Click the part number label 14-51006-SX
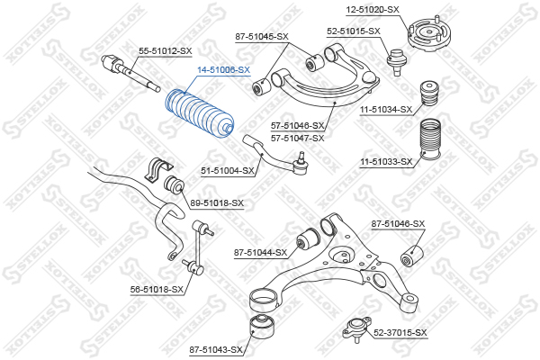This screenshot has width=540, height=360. tap(223, 70)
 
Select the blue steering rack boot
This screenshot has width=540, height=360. tap(200, 113)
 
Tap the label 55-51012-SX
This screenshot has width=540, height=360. tap(166, 51)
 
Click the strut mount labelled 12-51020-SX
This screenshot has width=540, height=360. tap(429, 33)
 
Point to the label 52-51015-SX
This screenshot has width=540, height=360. tap(354, 31)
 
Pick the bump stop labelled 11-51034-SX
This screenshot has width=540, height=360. tap(429, 93)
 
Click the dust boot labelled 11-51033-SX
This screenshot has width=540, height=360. tap(430, 139)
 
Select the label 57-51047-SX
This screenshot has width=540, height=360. tap(298, 139)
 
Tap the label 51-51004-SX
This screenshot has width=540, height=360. tap(228, 170)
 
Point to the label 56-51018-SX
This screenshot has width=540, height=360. tap(157, 290)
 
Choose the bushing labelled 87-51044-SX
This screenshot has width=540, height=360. tap(308, 238)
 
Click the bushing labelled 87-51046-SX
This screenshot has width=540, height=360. tap(411, 256)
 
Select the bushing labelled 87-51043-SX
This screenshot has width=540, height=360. tap(262, 327)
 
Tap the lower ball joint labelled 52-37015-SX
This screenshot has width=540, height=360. tap(357, 329)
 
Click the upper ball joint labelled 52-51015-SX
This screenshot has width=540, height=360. tap(397, 61)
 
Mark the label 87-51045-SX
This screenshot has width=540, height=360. tap(262, 37)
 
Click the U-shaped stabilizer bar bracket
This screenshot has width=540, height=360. tap(157, 170)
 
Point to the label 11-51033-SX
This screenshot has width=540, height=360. tap(386, 162)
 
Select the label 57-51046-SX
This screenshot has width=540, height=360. tap(298, 126)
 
